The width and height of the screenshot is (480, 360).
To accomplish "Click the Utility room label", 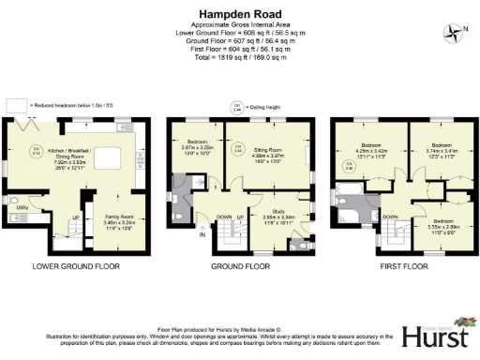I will point(22,207).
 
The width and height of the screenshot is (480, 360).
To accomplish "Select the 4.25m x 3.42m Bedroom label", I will point(369,151).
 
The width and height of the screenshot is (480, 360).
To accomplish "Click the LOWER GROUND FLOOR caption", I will point(77,266).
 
